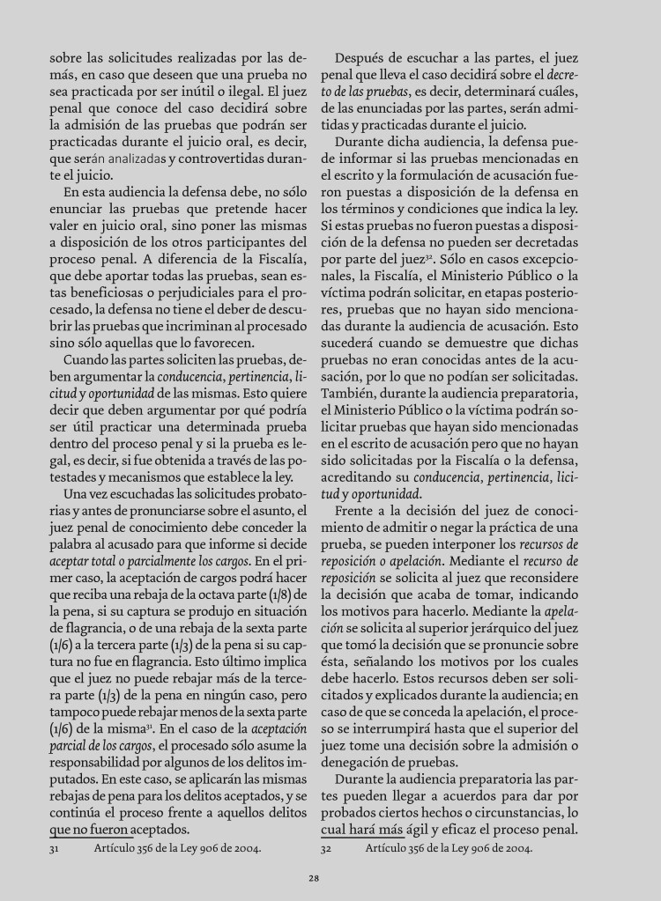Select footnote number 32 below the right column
(325, 849)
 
